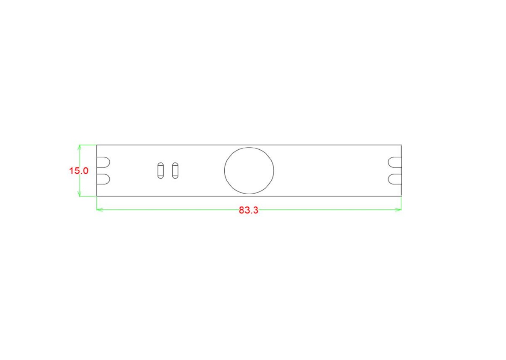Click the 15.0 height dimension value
[x=79, y=171]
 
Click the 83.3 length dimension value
[x=249, y=210]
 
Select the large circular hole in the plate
[x=249, y=171]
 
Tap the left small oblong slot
[x=161, y=170]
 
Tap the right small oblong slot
[x=175, y=170]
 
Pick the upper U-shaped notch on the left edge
[x=103, y=162]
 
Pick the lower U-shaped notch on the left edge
[x=103, y=179]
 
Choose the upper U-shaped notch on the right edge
[x=394, y=162]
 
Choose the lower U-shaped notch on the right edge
[x=394, y=179]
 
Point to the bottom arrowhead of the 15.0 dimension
[x=79, y=194]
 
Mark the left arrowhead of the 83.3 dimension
[x=99, y=210]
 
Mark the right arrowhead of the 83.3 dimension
[x=399, y=210]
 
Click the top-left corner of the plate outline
[x=97, y=145]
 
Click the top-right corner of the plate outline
[x=401, y=145]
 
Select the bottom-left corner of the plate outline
[x=97, y=196]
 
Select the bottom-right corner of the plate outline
[x=401, y=196]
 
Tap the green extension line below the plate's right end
[x=401, y=203]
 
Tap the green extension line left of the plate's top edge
[x=88, y=145]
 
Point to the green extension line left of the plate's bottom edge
[x=88, y=196]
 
